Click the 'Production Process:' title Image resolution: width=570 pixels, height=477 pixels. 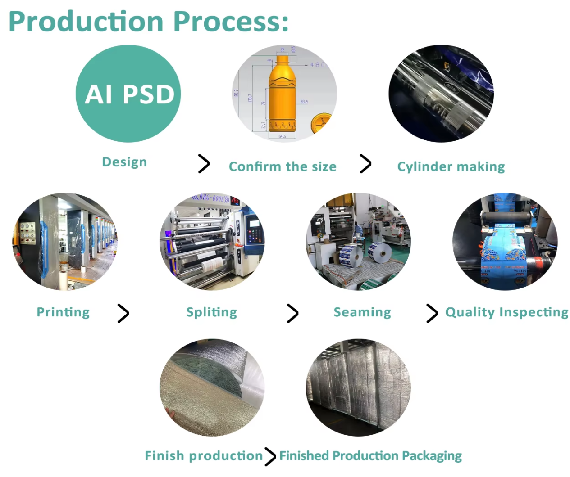[x=149, y=21]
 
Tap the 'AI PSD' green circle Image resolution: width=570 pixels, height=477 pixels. [x=128, y=94]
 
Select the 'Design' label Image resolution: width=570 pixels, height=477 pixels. [x=124, y=162]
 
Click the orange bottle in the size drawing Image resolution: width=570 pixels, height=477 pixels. [x=282, y=94]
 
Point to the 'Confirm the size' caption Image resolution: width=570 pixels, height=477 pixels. [x=283, y=166]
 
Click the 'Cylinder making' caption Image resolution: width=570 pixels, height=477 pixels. [x=451, y=166]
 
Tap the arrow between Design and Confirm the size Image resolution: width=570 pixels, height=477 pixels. [x=204, y=163]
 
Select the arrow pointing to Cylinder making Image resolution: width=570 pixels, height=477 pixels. [x=365, y=163]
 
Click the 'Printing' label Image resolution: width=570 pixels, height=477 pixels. [x=63, y=312]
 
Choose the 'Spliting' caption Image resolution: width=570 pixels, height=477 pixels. [x=211, y=312]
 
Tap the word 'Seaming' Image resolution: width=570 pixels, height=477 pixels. [x=362, y=312]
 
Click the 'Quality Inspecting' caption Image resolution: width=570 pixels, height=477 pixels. [x=506, y=312]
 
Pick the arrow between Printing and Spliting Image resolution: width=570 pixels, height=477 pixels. [x=123, y=313]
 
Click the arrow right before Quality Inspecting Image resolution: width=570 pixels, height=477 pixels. [x=432, y=313]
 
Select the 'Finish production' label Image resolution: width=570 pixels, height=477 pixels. [x=204, y=456]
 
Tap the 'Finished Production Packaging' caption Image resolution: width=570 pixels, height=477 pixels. [x=370, y=456]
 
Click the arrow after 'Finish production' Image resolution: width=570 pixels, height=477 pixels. [x=270, y=456]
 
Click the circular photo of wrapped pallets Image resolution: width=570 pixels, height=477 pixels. [x=358, y=387]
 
